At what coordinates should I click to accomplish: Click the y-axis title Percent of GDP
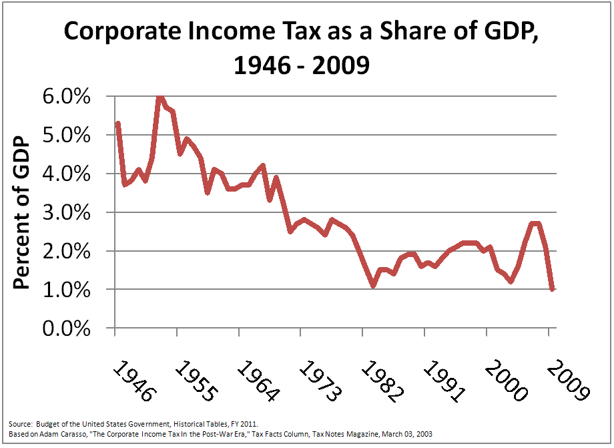click(x=23, y=213)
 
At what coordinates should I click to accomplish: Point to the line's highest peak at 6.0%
click(x=160, y=97)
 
